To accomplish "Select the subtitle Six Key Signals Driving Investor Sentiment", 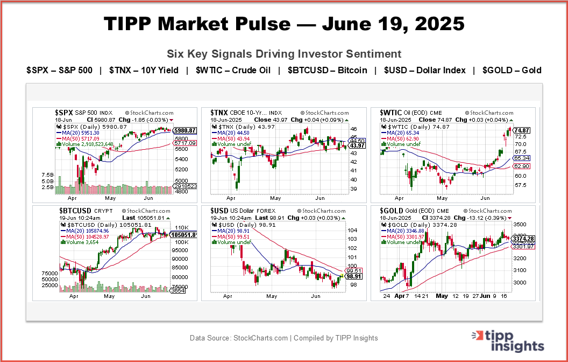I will click(x=284, y=54).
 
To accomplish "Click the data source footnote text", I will click(x=284, y=338).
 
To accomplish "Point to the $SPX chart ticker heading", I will click(x=67, y=113).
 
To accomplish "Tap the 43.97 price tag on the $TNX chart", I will click(x=358, y=145).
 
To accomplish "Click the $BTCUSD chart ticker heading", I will click(x=73, y=211).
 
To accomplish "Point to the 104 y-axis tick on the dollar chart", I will click(x=352, y=231).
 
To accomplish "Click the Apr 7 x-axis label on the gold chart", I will click(x=401, y=296).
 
